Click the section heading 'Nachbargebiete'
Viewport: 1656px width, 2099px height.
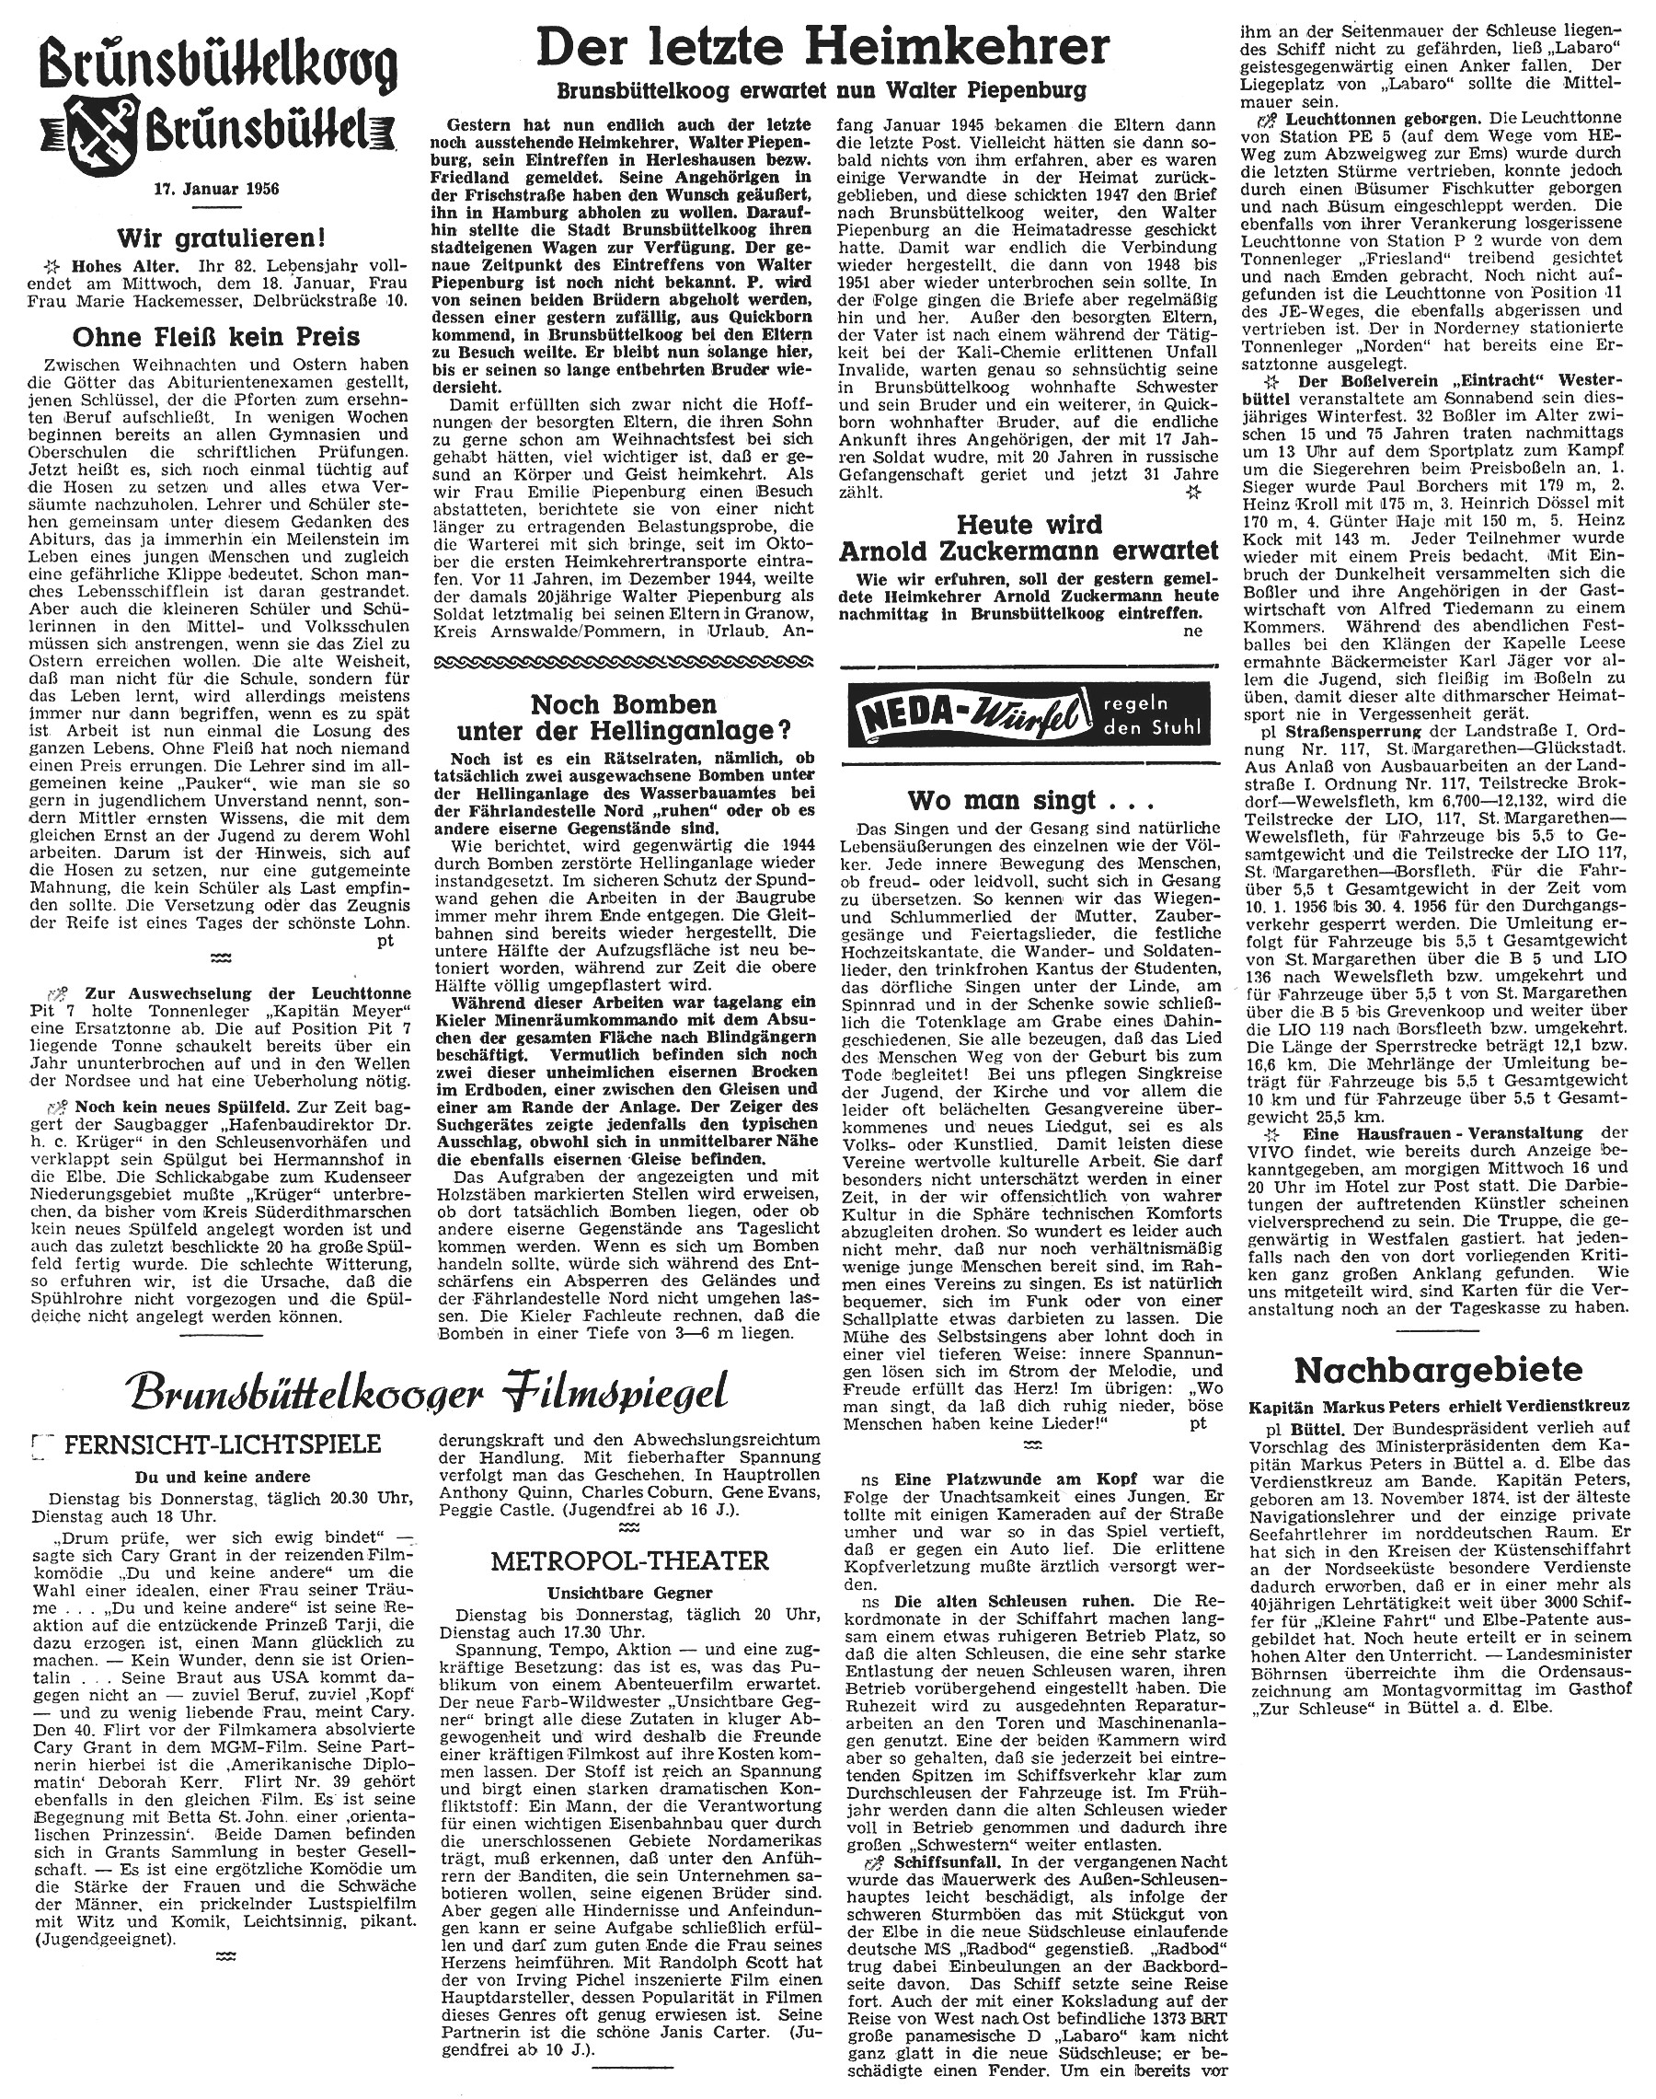point(1439,1370)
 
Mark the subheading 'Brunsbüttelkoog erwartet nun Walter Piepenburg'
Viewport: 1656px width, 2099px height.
point(822,91)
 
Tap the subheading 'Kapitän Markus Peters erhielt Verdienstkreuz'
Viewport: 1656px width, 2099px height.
point(1439,1406)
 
